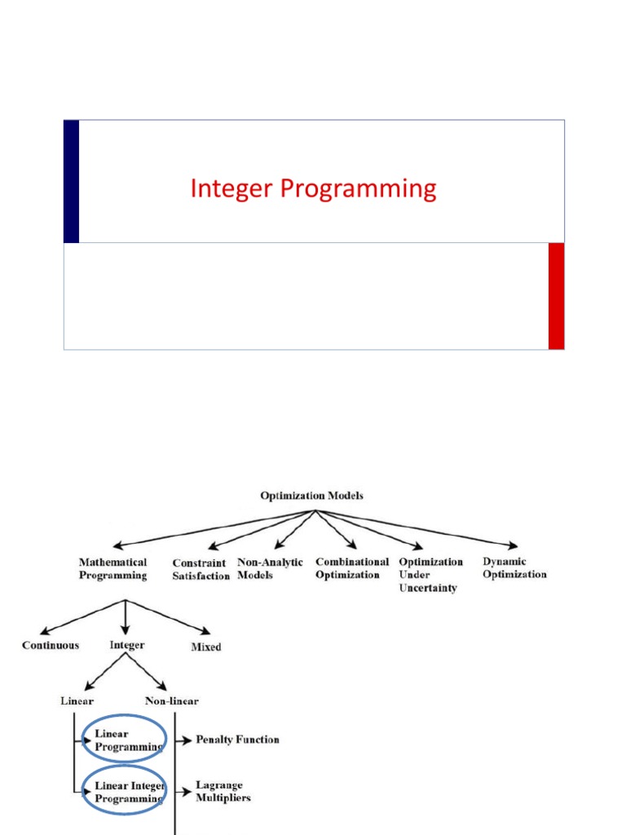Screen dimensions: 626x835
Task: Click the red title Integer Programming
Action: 313,189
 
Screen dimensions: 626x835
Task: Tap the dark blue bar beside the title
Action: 72,182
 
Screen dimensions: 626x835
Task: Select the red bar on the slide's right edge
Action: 556,296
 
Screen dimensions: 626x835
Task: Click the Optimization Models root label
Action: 311,496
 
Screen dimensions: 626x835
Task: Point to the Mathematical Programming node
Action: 112,568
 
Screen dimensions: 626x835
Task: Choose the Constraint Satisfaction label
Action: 201,569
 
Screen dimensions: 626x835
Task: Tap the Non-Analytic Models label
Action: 270,568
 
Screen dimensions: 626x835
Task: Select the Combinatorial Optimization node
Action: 352,568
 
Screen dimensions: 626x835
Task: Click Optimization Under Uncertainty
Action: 430,575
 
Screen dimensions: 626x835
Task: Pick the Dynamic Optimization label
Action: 514,568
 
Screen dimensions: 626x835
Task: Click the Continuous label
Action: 51,646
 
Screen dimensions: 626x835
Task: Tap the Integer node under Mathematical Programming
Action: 126,646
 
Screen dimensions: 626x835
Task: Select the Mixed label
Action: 206,647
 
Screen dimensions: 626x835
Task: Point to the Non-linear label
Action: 171,700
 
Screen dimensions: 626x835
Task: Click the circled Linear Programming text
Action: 128,740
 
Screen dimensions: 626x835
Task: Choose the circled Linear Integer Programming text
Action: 130,792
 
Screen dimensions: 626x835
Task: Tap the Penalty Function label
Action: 237,740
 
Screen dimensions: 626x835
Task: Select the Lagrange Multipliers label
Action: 223,791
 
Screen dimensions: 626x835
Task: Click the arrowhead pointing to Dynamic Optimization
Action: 513,545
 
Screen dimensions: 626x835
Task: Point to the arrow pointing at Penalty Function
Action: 183,740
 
